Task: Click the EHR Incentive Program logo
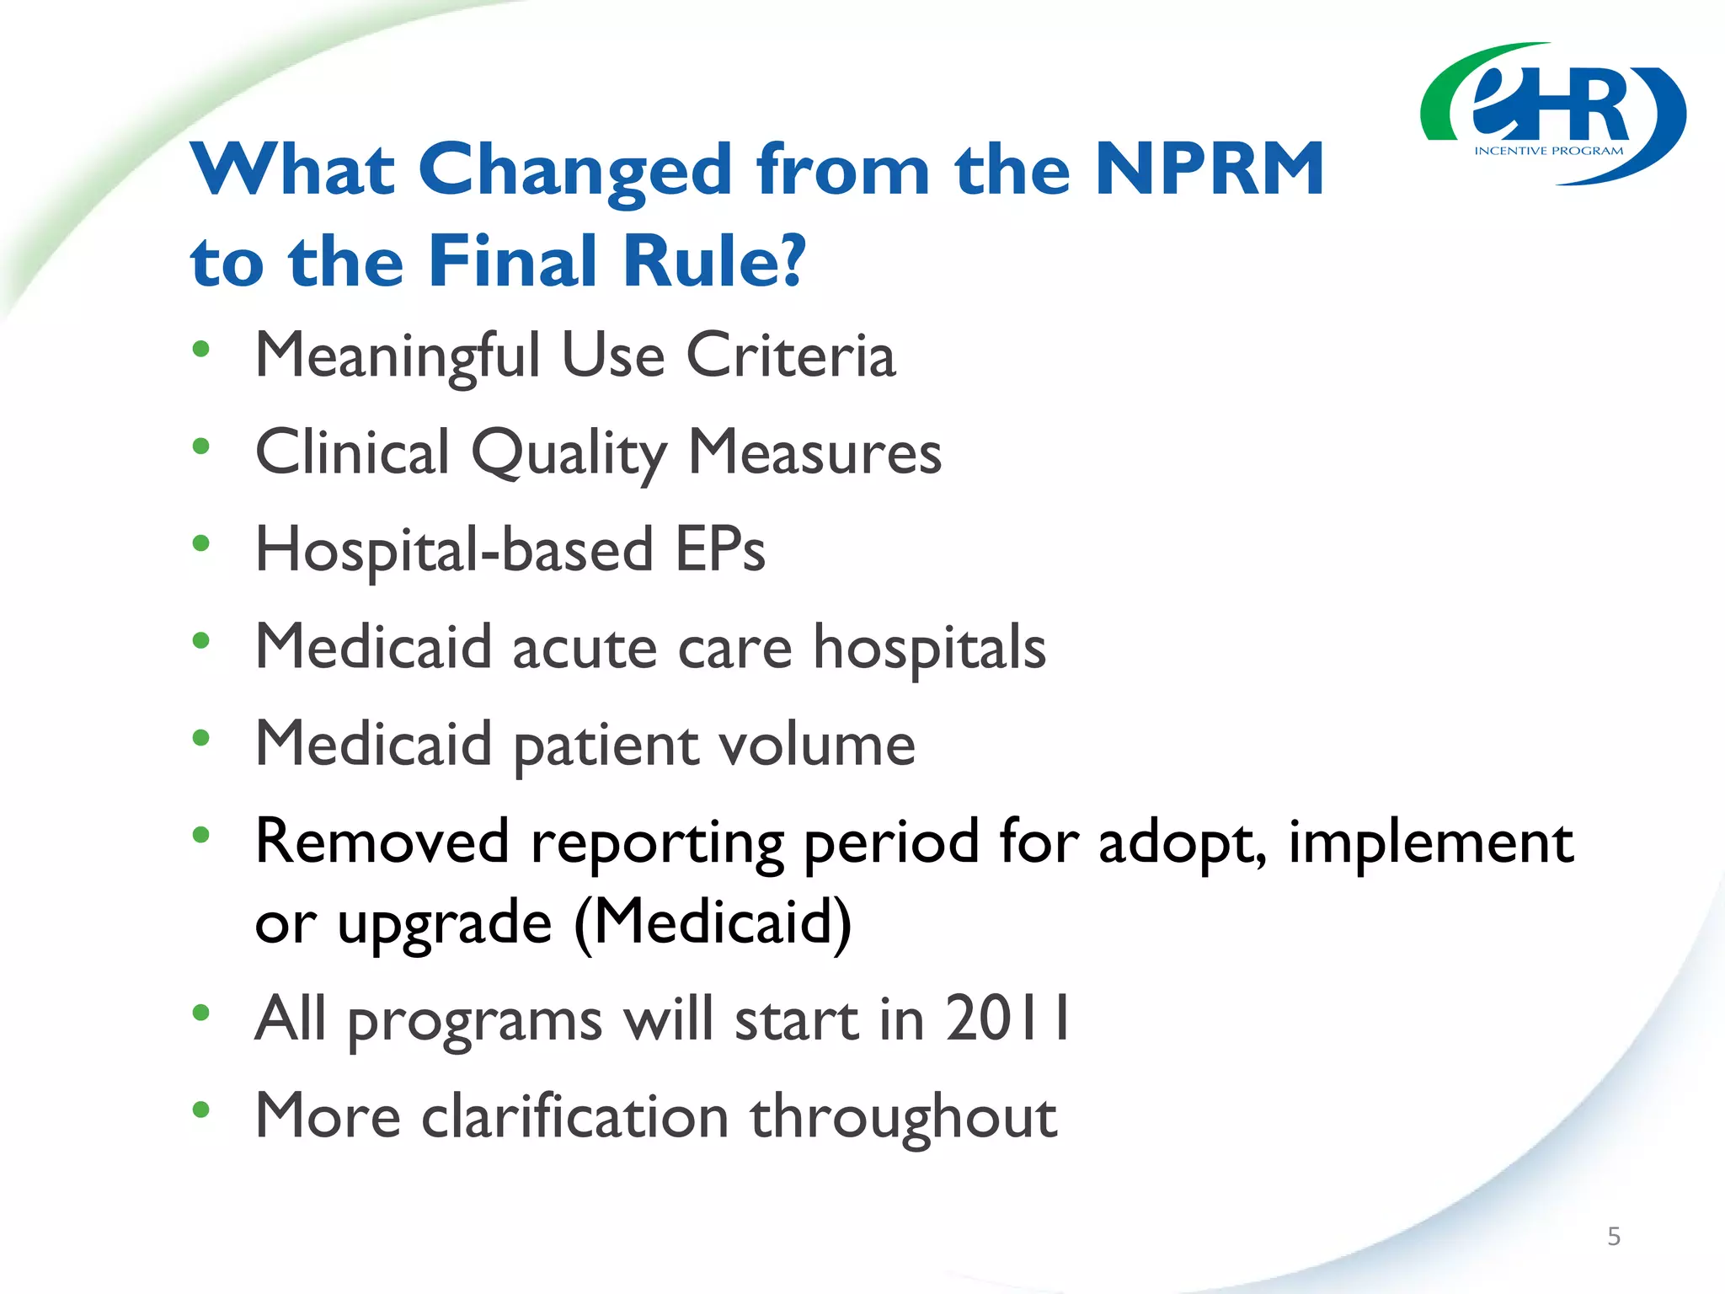(x=1552, y=114)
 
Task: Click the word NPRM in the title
(x=1209, y=169)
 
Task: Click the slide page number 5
(x=1614, y=1236)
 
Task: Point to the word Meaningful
(x=397, y=356)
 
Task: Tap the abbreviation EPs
(x=720, y=549)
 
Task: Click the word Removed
(x=382, y=842)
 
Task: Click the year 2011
(x=1007, y=1019)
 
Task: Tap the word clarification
(x=574, y=1116)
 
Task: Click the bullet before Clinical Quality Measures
(x=200, y=446)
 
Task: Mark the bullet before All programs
(x=200, y=1013)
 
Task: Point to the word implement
(x=1430, y=843)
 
